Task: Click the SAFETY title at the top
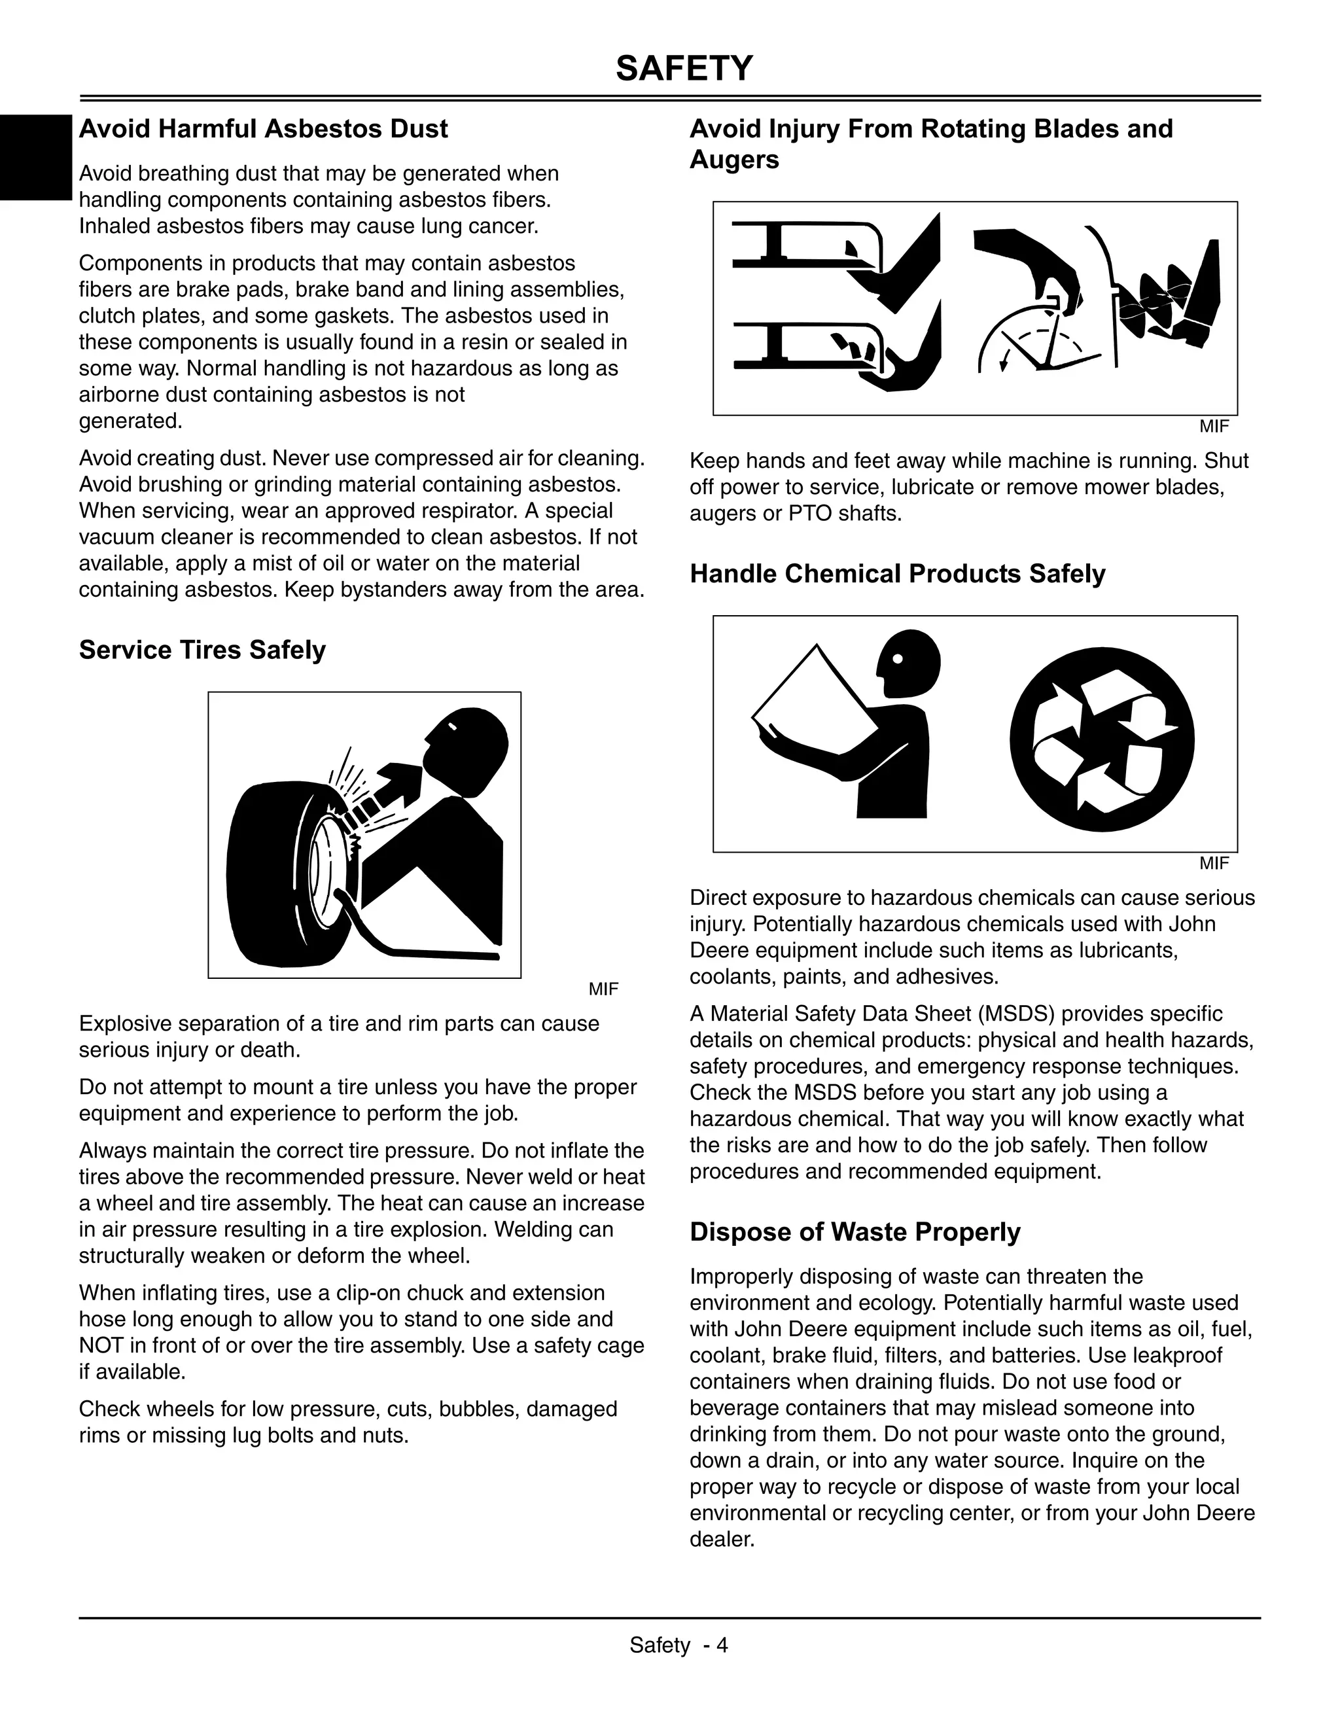684,69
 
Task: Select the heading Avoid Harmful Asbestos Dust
263,129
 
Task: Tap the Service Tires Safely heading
202,650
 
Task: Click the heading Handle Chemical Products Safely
897,573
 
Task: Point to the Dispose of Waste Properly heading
855,1231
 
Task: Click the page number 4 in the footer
722,1645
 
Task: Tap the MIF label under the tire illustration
603,989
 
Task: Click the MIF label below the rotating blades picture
1214,427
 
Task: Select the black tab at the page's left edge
35,157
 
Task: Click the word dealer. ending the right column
722,1539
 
